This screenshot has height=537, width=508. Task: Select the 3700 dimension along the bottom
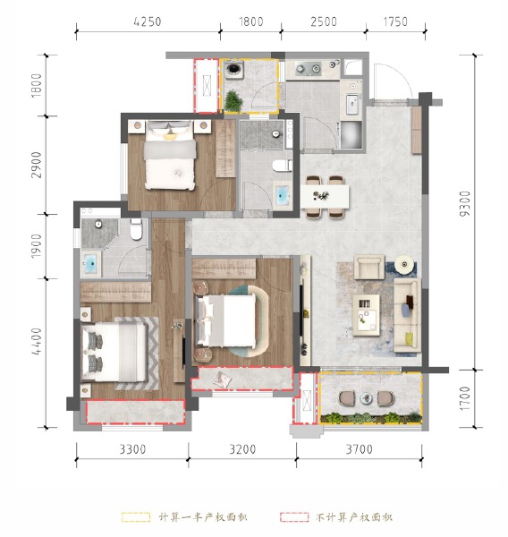(358, 449)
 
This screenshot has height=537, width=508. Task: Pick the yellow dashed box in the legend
(136, 517)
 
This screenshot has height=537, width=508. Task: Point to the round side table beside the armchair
(405, 265)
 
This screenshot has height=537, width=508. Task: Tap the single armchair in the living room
(368, 267)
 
